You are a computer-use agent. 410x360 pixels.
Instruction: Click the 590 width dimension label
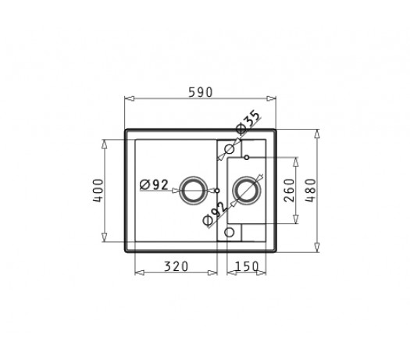coord(201,92)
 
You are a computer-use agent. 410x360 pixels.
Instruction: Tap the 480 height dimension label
coord(311,191)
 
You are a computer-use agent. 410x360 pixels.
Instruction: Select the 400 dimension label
coord(98,191)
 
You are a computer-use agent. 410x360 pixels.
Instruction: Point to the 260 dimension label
coord(289,191)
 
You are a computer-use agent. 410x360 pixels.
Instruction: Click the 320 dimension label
coord(176,266)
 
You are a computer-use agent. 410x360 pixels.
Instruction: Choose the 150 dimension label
coord(247,266)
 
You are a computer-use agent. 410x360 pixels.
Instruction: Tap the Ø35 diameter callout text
coord(248,122)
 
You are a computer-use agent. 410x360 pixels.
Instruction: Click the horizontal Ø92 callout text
coord(154,185)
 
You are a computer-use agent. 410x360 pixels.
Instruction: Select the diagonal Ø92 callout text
coord(215,215)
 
